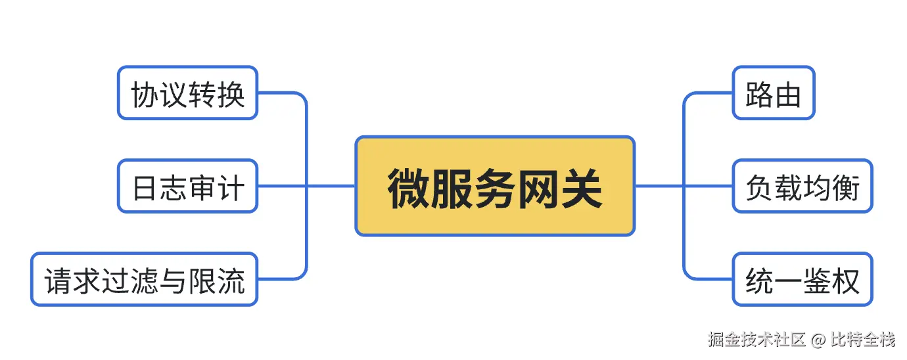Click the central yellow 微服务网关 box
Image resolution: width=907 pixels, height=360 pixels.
pos(495,186)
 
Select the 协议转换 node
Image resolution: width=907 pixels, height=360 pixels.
pos(187,93)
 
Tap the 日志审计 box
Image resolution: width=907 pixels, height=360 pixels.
pos(187,186)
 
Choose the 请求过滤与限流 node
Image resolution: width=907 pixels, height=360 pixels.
pos(144,279)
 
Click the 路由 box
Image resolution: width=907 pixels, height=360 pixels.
pos(774,93)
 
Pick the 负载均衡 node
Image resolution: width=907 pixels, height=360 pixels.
pos(802,186)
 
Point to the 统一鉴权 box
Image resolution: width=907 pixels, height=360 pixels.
pos(802,279)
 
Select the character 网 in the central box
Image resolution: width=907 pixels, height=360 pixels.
pos(539,187)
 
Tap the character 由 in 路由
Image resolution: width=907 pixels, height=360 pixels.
pos(789,95)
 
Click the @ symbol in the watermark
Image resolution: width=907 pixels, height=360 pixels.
pos(818,340)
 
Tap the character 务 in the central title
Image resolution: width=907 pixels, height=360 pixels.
pos(495,187)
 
